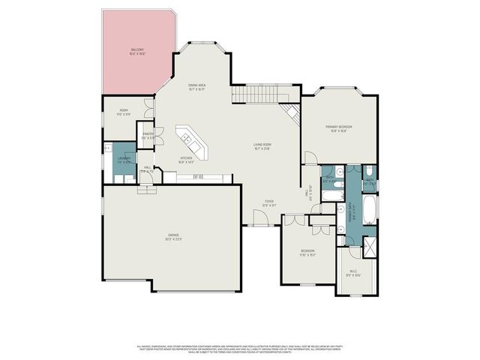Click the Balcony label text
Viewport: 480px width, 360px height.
pos(136,51)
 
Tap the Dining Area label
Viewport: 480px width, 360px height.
pos(196,87)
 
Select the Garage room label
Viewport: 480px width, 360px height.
pos(175,238)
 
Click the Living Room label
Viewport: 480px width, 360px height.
pos(261,147)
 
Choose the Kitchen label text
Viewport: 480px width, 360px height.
pos(187,159)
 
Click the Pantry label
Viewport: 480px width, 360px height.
pos(148,136)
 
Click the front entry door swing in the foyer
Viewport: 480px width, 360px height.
pos(260,218)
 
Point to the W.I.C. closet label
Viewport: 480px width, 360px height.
pos(353,272)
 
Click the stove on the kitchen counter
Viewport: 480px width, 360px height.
pos(198,177)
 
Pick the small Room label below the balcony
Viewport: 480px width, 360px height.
pos(124,112)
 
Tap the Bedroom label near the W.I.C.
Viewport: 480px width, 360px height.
pos(307,252)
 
